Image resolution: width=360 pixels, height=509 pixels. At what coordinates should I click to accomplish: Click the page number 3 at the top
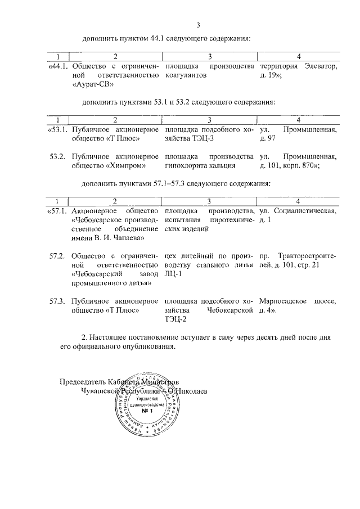pyautogui.click(x=198, y=25)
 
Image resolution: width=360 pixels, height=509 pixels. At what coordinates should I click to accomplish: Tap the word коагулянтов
pyautogui.click(x=184, y=76)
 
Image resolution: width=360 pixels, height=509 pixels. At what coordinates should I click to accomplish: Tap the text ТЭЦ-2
pyautogui.click(x=175, y=319)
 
